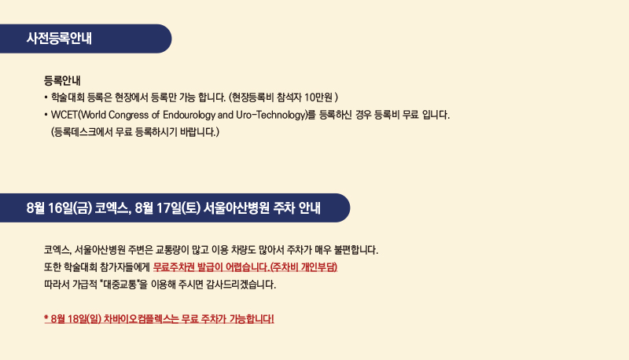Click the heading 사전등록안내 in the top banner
pos(59,39)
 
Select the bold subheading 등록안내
pos(62,81)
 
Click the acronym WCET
pos(64,115)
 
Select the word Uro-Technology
pos(270,115)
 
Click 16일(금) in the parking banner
pos(70,208)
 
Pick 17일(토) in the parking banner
pos(178,208)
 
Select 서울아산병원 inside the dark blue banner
pos(237,208)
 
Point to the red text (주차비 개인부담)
pos(303,267)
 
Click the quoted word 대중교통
pos(120,285)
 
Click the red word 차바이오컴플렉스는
pos(142,319)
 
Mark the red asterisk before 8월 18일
pos(46,318)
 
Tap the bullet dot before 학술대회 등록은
pos(46,97)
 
